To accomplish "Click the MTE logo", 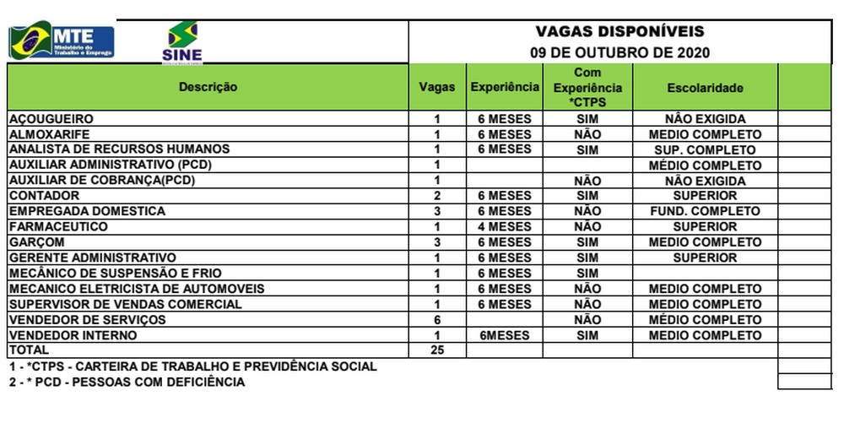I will click(62, 41).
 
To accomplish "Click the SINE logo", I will click(182, 43).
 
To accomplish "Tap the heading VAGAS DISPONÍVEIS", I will click(619, 32).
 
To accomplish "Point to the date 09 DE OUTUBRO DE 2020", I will click(619, 52).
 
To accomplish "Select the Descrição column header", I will click(208, 87).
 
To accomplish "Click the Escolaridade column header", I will click(705, 87).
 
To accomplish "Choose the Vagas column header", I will click(437, 87).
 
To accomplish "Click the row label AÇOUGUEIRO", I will click(51, 119).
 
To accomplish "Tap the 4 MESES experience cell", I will click(505, 226).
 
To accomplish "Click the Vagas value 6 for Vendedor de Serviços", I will click(437, 320).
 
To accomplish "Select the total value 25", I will click(437, 350).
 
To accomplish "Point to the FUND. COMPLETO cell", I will click(705, 211).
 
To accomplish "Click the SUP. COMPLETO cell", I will click(705, 149).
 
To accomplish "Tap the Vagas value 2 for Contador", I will click(437, 196).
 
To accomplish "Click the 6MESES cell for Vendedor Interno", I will click(505, 335).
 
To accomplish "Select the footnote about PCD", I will click(127, 382).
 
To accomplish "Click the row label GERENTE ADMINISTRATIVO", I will click(92, 258).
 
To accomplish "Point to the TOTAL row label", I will click(29, 350).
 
